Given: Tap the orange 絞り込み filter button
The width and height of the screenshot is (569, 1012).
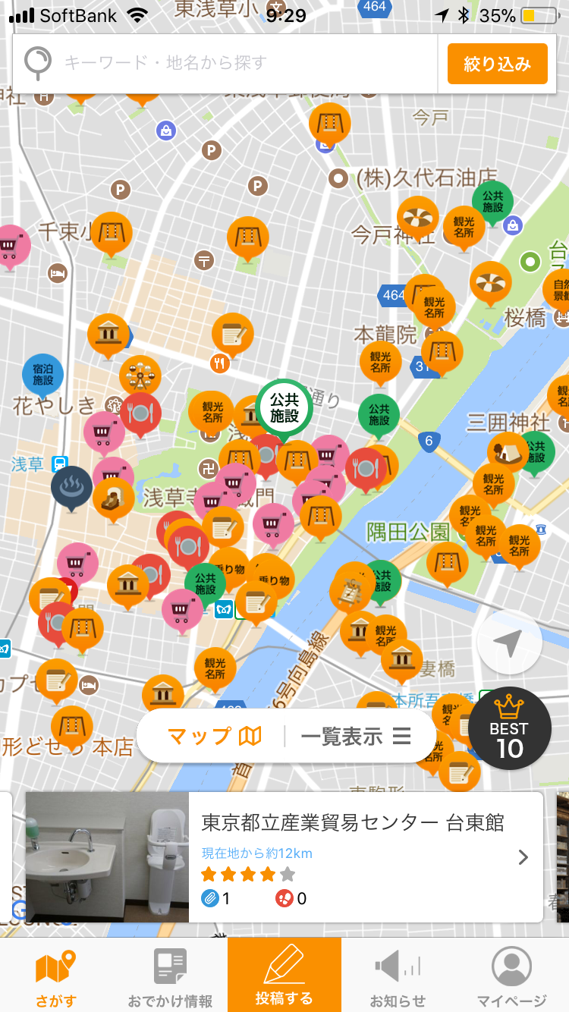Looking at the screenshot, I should (x=497, y=64).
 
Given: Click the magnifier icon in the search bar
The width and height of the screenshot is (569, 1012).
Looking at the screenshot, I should (x=37, y=63).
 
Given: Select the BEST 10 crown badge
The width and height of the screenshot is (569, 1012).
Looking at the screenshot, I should (x=508, y=728).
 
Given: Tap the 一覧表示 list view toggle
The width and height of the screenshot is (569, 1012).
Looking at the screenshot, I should (x=355, y=736).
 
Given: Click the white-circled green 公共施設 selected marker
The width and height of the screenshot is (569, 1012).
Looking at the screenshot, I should (x=284, y=407).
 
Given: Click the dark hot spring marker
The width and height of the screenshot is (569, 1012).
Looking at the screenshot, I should (x=71, y=486).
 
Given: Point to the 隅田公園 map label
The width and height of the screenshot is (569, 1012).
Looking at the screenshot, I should (x=408, y=532).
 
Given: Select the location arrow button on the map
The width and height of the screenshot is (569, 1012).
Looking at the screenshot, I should (x=509, y=643).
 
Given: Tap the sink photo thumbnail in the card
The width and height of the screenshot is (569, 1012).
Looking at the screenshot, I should (x=107, y=857).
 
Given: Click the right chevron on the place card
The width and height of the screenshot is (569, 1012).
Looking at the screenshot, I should (x=523, y=857).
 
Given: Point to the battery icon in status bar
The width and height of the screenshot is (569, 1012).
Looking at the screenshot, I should (x=538, y=16).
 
